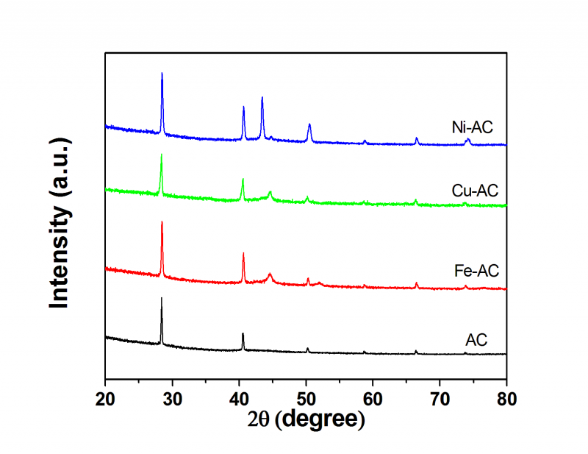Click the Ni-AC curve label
[471, 127]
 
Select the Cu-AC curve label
[475, 191]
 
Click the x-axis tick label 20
[105, 399]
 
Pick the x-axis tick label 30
[172, 399]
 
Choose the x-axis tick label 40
[239, 399]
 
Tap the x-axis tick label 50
[306, 399]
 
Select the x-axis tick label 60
[373, 399]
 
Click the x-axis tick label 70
[440, 399]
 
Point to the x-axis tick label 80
[506, 399]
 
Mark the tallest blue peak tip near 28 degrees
[162, 73]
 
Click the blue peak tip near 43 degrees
[262, 97]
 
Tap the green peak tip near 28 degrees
[162, 155]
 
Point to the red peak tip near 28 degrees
[162, 221]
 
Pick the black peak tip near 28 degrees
[162, 298]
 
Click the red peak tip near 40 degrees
[243, 253]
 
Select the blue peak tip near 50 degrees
[309, 124]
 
